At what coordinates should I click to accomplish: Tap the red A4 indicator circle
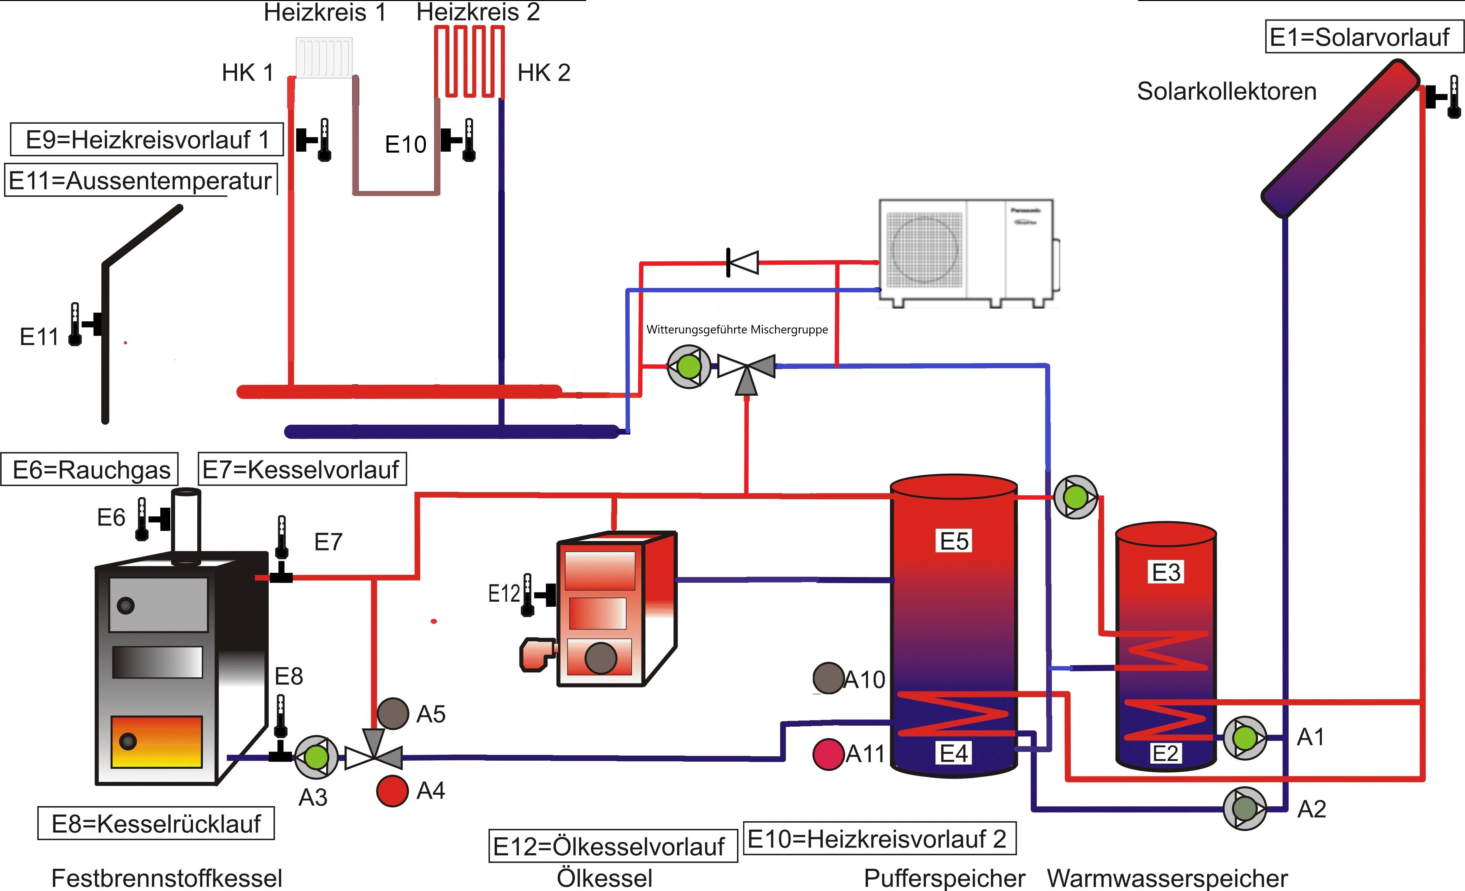(x=392, y=791)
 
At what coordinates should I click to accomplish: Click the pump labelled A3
(x=316, y=757)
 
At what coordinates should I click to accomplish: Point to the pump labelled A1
(x=1244, y=738)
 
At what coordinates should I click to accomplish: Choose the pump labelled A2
(x=1244, y=808)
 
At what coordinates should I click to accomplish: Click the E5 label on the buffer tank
(x=954, y=541)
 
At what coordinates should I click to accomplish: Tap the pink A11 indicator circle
(x=828, y=754)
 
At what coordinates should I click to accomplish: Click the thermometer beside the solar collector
(x=1453, y=96)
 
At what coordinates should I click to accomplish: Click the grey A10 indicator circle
(x=828, y=678)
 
